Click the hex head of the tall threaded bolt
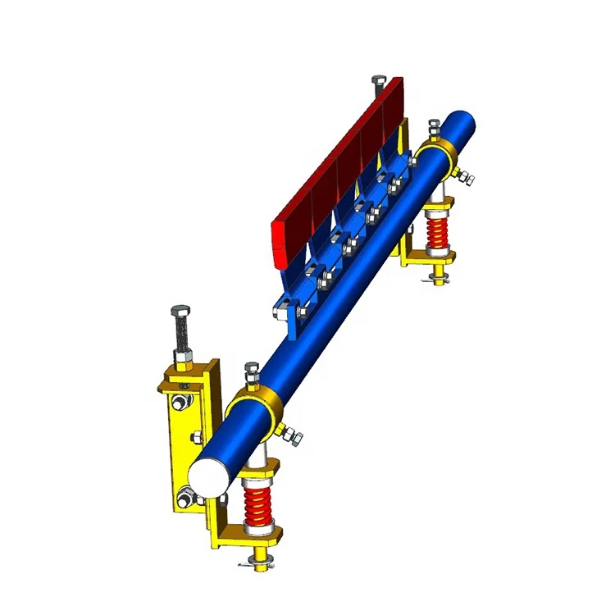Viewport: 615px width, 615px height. click(180, 313)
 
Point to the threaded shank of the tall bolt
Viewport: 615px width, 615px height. click(180, 339)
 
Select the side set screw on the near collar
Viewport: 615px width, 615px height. click(290, 434)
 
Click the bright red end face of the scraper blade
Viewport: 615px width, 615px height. click(280, 244)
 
